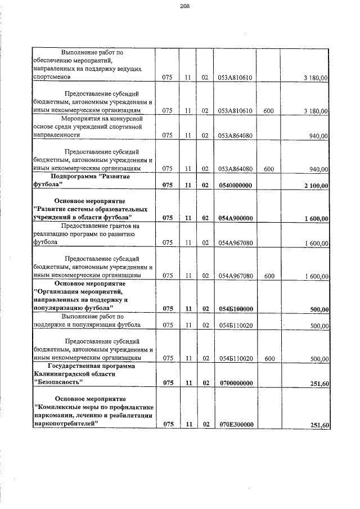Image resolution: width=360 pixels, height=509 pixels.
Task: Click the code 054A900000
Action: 235,218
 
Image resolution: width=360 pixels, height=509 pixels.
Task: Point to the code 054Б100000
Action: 235,309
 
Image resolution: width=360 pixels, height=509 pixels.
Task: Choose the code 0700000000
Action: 235,384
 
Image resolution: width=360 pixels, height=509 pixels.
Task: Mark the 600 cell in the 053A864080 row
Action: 268,169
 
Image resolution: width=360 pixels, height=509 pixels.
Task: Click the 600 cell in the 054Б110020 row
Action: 268,358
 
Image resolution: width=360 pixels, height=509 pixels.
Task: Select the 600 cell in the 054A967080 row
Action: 268,276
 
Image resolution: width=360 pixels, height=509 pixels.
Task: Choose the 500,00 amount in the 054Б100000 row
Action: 319,309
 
